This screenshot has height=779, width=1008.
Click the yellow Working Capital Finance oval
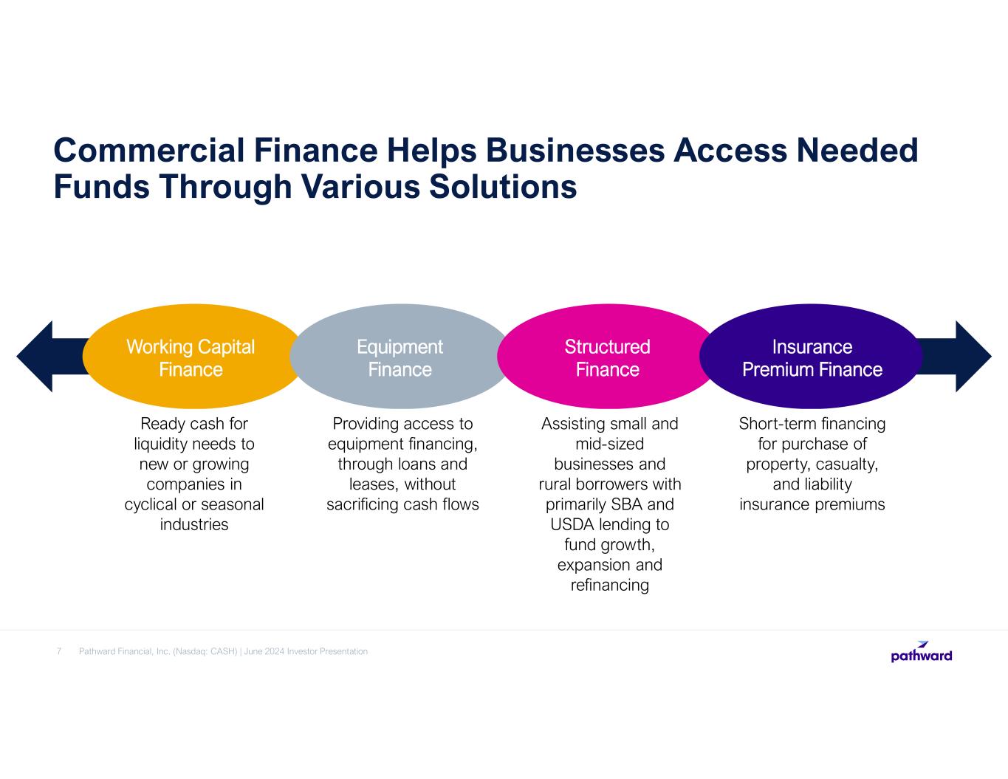pos(191,356)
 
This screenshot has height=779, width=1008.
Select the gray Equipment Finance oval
pos(400,356)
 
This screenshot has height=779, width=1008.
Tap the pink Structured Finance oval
pos(607,356)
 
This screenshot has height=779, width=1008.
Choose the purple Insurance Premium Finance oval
pos(811,356)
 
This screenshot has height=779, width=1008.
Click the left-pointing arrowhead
pos(35,356)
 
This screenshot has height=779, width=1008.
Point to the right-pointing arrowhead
pos(973,356)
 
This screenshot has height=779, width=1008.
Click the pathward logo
pos(922,652)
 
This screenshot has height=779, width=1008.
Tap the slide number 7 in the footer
pos(59,651)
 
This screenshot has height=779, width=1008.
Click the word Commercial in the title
pos(149,150)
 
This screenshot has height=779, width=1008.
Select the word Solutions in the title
pos(503,186)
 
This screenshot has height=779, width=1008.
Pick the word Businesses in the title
pos(575,150)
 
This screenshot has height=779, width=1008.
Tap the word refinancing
pos(609,586)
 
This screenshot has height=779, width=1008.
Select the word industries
pos(194,524)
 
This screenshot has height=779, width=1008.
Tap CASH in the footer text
pos(224,651)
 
